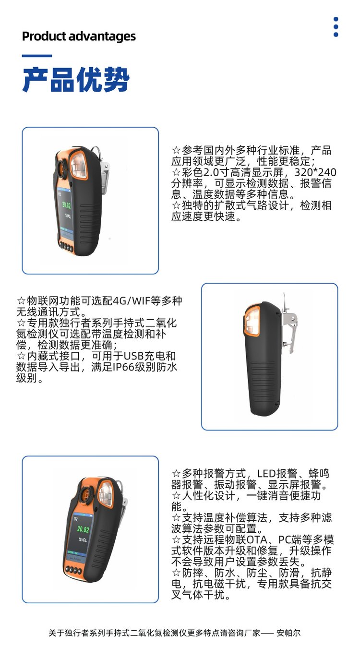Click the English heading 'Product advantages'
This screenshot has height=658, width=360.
pos(79,37)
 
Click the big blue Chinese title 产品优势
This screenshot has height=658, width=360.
pos(76,80)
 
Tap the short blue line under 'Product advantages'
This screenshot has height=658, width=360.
pos(37,56)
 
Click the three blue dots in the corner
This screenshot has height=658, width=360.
pos(336,27)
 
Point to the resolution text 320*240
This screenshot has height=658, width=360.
pos(315,172)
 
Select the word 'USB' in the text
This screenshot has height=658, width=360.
pos(134,356)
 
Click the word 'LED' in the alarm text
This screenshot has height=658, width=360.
pos(266,474)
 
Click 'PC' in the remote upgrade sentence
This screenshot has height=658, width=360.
pos(284,540)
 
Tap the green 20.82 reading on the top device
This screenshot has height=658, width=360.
pos(66,205)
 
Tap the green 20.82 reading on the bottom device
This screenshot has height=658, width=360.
pos(83,529)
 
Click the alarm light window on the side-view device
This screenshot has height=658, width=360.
pos(252,321)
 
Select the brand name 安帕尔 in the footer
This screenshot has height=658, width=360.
pos(288,633)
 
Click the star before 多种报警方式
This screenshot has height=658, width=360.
pos(176,474)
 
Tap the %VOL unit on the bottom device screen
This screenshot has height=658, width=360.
pos(83,540)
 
